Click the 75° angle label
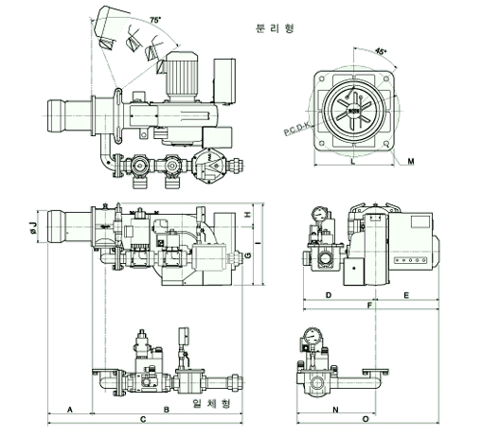point(155,20)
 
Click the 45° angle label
point(381,51)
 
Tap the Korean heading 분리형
point(275,28)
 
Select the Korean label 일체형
point(211,403)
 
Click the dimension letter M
point(411,162)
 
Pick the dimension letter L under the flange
point(353,162)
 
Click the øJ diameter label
point(33,228)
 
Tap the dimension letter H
point(248,215)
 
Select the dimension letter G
point(248,255)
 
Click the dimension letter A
point(70,410)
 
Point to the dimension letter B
point(167,410)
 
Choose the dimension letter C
point(143,419)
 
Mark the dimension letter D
point(329,295)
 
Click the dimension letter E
point(406,295)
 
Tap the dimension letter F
point(370,306)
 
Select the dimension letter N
point(335,410)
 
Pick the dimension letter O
point(366,419)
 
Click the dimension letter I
point(259,243)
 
